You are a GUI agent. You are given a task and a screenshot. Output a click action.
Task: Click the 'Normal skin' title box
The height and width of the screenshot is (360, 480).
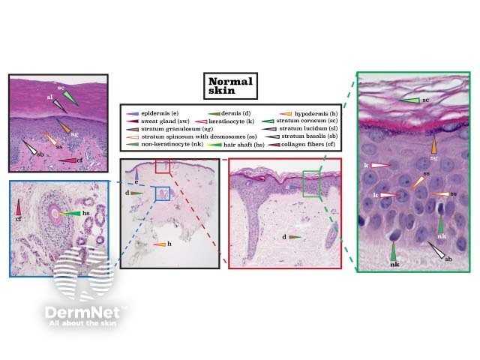click(231, 86)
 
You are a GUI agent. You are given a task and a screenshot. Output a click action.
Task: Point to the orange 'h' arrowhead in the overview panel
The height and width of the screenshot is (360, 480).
click(158, 245)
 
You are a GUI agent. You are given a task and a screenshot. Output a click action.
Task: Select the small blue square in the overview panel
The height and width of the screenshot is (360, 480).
click(162, 193)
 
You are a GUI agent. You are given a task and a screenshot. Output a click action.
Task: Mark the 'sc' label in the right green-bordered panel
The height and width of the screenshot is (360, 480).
click(424, 99)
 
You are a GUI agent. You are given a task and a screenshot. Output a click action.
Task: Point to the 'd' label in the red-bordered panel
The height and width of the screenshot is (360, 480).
click(283, 236)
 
